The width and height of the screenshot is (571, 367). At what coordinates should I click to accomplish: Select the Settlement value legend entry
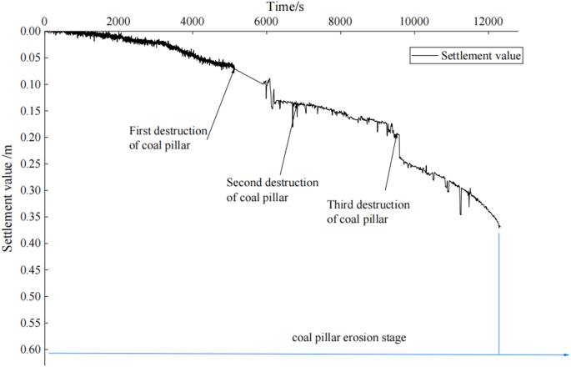click(475, 56)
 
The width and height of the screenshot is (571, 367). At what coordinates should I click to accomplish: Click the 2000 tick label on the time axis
click(118, 21)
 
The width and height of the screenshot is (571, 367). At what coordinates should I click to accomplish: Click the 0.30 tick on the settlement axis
click(28, 190)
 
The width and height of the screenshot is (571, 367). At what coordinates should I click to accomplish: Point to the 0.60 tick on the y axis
click(28, 349)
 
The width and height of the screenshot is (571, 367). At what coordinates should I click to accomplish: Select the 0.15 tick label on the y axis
click(28, 111)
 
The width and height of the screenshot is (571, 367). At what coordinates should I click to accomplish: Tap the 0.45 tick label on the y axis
click(28, 270)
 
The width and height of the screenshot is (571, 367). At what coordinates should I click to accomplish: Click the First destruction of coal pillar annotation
click(170, 138)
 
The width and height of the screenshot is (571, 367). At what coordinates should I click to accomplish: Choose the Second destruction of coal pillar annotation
click(272, 189)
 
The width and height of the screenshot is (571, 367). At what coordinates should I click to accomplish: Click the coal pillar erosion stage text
click(349, 338)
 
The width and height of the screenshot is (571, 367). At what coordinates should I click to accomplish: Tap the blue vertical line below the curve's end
click(499, 292)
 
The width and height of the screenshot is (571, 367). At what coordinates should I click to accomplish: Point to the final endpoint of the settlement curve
click(499, 227)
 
